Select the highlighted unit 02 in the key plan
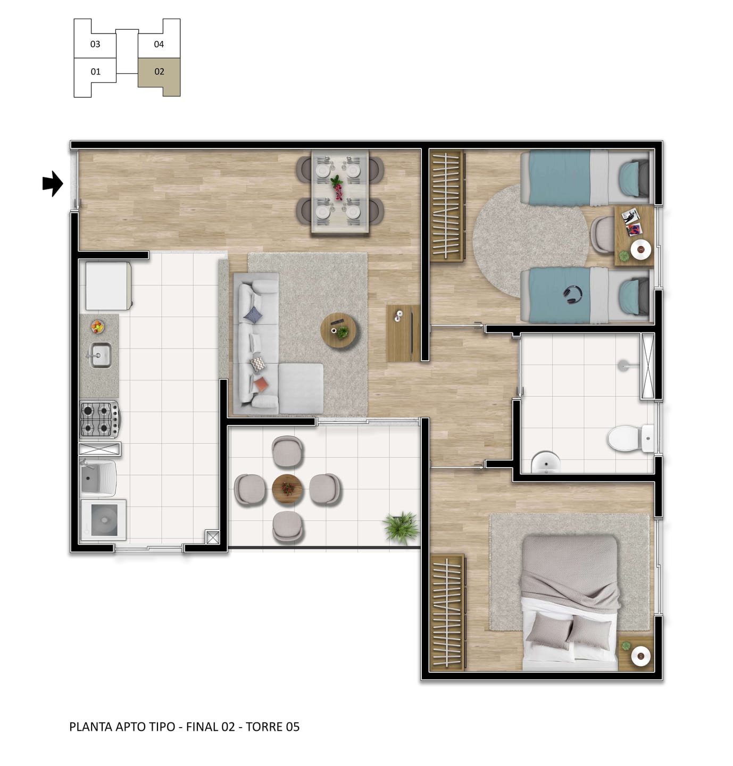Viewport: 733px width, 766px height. pyautogui.click(x=160, y=76)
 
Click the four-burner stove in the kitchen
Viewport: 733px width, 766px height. pyautogui.click(x=99, y=420)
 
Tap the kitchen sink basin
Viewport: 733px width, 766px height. pyautogui.click(x=101, y=355)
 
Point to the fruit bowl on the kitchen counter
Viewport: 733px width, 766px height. pyautogui.click(x=97, y=326)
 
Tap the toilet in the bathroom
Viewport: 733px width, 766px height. pyautogui.click(x=630, y=438)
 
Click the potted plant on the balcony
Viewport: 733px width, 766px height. pyautogui.click(x=401, y=527)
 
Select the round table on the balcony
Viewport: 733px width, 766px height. pyautogui.click(x=287, y=489)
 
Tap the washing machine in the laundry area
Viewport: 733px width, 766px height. pyautogui.click(x=104, y=520)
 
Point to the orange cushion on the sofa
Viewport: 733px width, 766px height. pyautogui.click(x=261, y=385)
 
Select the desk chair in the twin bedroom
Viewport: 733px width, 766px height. pyautogui.click(x=602, y=235)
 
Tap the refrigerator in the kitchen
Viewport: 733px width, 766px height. pyautogui.click(x=109, y=286)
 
